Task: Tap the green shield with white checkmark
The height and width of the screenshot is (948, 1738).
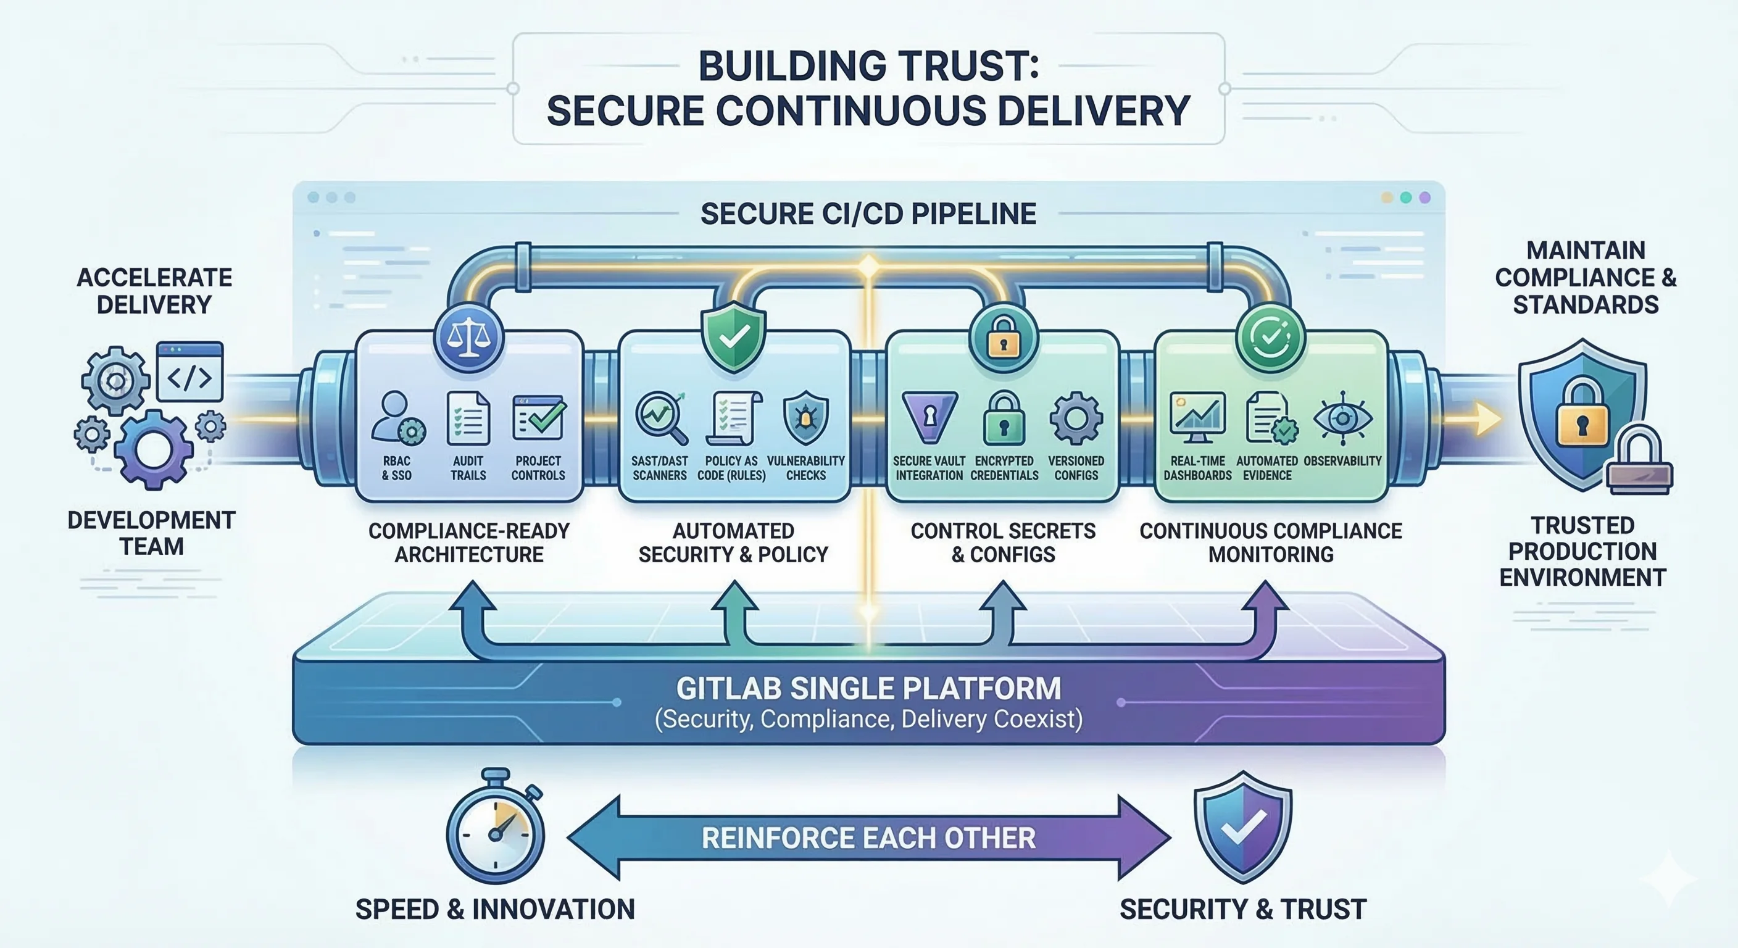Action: pos(733,336)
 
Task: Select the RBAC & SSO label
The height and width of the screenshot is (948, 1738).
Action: pos(397,468)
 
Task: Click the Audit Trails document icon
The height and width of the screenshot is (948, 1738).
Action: pos(468,419)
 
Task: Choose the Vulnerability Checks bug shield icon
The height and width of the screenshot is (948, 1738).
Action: pos(805,418)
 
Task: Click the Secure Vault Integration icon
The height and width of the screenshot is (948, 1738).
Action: pos(929,417)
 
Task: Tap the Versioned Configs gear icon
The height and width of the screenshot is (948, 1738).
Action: pos(1076,418)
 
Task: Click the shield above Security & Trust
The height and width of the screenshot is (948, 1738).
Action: pos(1243,826)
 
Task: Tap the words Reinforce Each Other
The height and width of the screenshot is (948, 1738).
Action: pos(868,838)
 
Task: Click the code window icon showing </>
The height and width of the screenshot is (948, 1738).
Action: pos(189,372)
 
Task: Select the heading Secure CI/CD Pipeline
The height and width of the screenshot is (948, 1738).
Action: pos(868,214)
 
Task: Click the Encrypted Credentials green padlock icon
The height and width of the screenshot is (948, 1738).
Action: pos(1004,418)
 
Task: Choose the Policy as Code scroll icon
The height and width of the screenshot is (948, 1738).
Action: pos(733,418)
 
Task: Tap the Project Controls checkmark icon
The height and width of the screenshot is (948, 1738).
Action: pos(538,417)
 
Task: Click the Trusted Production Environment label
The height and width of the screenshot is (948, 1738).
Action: pos(1583,551)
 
